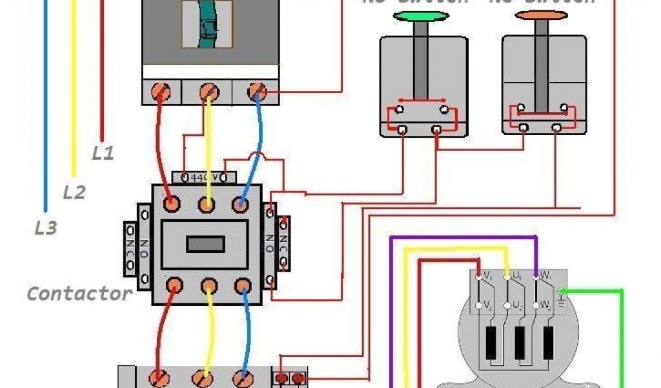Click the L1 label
click(103, 154)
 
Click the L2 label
click(74, 191)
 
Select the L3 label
click(46, 228)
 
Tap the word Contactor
click(79, 294)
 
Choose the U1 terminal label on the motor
click(517, 277)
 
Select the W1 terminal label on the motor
click(545, 277)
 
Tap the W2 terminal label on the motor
click(545, 305)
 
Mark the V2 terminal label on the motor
click(489, 305)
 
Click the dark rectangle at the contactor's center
click(205, 244)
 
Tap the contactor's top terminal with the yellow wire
click(207, 204)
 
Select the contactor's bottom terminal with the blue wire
click(242, 285)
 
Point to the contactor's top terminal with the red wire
click(171, 204)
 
